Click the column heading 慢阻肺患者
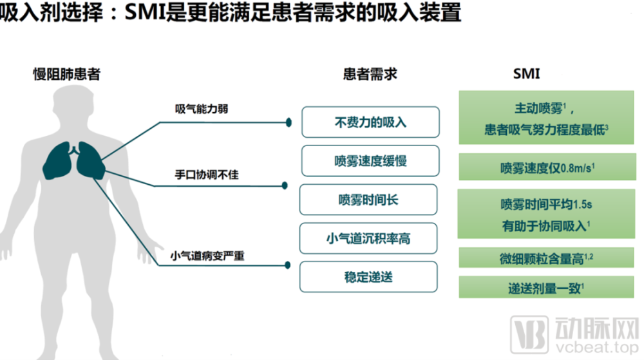[67, 74]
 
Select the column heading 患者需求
[370, 74]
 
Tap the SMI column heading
[527, 74]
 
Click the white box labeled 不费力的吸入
[370, 122]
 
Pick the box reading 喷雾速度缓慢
[370, 161]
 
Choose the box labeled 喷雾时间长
[368, 200]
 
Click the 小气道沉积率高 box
[368, 238]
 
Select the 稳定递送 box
[368, 277]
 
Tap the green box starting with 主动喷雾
[546, 117]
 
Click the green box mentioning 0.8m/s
[547, 167]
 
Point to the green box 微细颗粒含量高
[546, 258]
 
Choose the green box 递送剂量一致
[546, 287]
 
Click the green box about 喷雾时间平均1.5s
[546, 214]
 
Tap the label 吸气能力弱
[201, 109]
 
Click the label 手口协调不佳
[207, 175]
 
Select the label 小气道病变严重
[207, 256]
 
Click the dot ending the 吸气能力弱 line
[289, 122]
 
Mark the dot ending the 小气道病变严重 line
[287, 265]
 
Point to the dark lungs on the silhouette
[74, 160]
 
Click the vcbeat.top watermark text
[597, 347]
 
